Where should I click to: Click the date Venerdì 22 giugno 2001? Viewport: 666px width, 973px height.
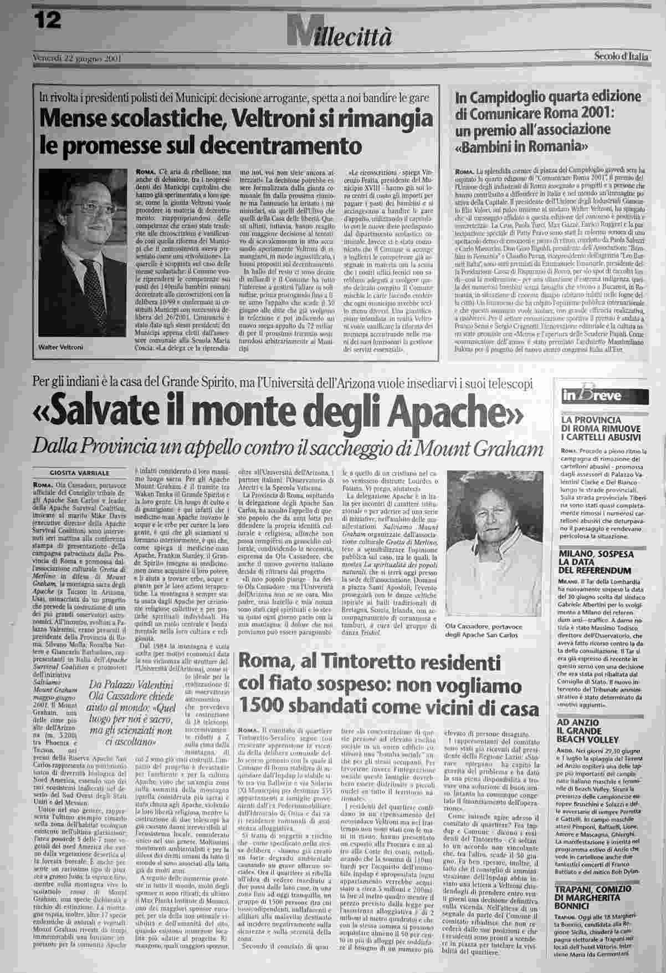(77, 58)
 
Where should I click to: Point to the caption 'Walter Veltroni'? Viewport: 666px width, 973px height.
(57, 347)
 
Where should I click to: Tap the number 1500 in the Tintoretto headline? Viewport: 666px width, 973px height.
(260, 708)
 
